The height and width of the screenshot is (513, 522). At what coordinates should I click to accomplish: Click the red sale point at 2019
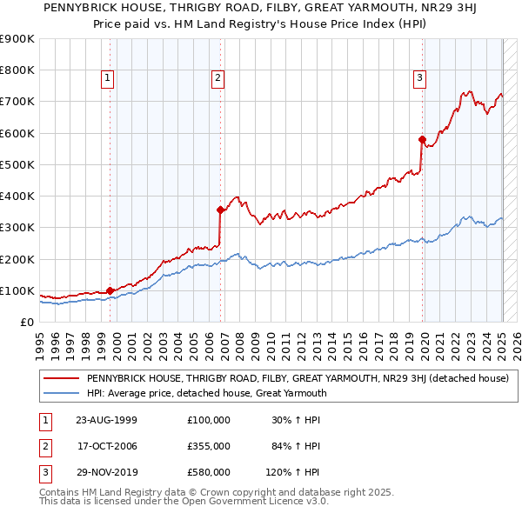pyautogui.click(x=422, y=139)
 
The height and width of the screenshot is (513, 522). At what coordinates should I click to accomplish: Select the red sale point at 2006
pyautogui.click(x=220, y=210)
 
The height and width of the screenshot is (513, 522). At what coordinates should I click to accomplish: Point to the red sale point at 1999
pyautogui.click(x=110, y=290)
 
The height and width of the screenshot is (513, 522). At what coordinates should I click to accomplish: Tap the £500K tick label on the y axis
pyautogui.click(x=17, y=164)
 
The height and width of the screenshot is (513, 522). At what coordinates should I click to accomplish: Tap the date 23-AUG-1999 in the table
pyautogui.click(x=107, y=420)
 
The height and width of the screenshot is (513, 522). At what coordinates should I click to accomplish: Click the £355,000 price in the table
pyautogui.click(x=209, y=446)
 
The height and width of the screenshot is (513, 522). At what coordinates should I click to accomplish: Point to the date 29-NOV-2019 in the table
pyautogui.click(x=107, y=472)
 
